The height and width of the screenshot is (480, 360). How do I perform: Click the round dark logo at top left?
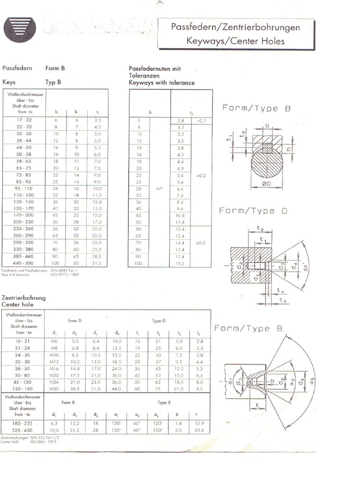pos(20,29)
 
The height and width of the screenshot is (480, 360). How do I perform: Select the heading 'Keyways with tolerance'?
pos(162,82)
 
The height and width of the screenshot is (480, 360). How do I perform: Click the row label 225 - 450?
pos(23,430)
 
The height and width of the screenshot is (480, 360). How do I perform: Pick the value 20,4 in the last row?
pos(198,430)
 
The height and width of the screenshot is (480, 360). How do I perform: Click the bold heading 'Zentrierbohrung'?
pos(23,297)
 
